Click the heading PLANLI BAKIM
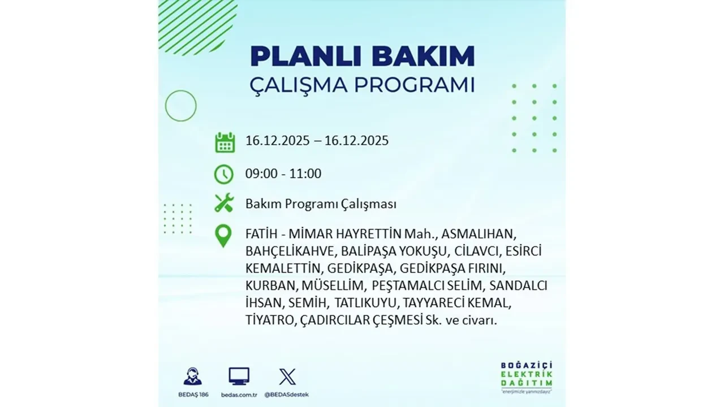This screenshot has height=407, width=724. (x=362, y=57)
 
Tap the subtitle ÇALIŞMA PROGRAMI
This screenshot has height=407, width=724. (x=362, y=85)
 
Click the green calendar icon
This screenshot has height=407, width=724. (x=225, y=142)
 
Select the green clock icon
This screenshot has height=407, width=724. (x=224, y=174)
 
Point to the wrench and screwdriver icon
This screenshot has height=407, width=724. (x=224, y=203)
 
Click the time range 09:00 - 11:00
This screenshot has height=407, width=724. (x=283, y=174)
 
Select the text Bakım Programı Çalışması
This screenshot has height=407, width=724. (x=321, y=204)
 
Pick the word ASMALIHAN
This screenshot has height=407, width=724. (x=479, y=234)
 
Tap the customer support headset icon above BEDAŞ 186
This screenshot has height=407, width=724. (x=192, y=376)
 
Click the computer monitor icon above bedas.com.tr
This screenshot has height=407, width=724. (x=239, y=376)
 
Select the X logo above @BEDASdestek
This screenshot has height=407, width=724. (x=287, y=376)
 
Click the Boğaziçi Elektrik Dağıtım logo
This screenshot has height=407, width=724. (x=527, y=376)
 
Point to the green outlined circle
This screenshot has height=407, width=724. (x=180, y=106)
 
